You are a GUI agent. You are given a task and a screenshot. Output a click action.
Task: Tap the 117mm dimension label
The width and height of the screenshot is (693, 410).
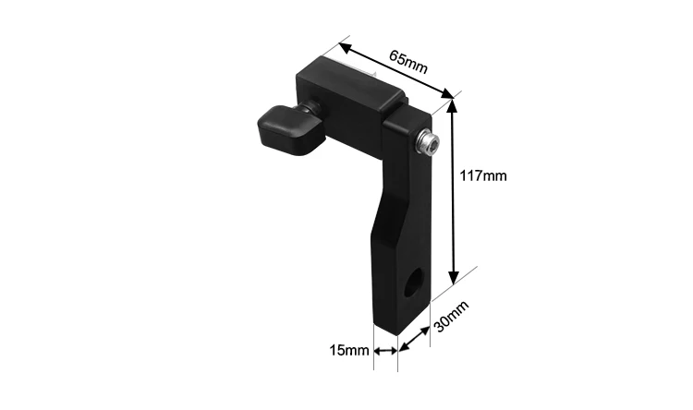click(483, 175)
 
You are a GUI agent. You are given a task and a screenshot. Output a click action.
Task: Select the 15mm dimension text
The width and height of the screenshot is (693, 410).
click(349, 351)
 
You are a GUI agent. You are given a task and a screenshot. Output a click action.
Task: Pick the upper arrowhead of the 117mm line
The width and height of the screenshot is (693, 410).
click(454, 104)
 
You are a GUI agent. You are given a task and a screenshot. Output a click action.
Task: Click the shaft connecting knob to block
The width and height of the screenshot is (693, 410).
click(310, 114)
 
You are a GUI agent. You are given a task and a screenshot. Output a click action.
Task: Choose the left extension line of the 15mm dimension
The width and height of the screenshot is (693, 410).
click(374, 356)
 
